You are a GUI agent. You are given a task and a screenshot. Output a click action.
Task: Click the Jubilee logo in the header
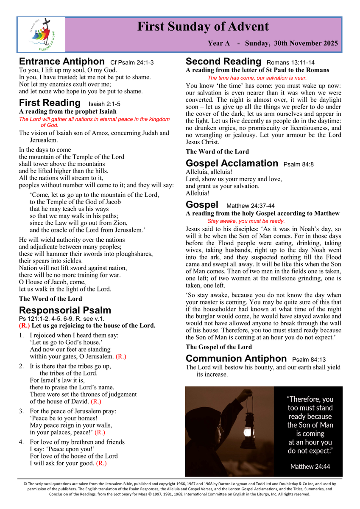coord(42,34)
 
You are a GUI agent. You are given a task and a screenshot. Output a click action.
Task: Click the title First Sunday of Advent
coord(203,27)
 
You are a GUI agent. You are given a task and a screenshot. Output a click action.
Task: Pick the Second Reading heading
coord(223,61)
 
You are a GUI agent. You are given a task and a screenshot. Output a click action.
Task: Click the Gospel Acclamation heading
coord(232,163)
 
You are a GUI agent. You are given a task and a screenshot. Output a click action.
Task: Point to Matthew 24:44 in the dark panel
coord(310,467)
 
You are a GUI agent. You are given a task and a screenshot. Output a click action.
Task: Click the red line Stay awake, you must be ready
coord(246,221)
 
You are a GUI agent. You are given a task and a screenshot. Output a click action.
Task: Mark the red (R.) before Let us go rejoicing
coord(24,326)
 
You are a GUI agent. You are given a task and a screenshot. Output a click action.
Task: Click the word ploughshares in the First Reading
coord(125,254)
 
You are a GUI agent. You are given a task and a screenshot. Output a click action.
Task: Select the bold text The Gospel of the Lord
coord(219,347)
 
